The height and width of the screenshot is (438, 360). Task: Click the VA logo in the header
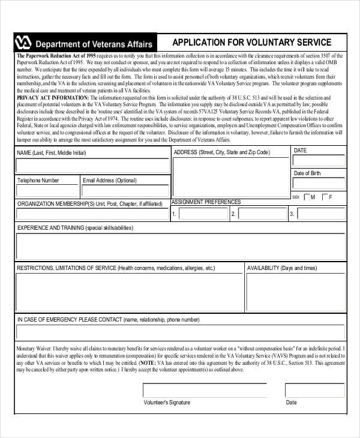click(22, 43)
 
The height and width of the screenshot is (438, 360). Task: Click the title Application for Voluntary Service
click(251, 43)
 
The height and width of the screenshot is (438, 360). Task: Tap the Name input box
click(92, 166)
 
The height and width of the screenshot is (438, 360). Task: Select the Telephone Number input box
click(47, 191)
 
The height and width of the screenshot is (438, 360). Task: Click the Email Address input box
click(124, 191)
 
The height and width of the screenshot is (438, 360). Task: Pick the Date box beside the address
click(319, 161)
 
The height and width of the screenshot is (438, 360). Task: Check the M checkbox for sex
click(308, 197)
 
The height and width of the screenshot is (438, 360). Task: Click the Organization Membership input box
click(92, 214)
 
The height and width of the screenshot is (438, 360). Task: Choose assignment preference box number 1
click(203, 214)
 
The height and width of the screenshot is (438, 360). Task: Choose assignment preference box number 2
click(262, 214)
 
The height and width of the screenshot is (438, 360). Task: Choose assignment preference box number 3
click(321, 214)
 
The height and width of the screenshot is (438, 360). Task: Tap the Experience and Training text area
click(180, 247)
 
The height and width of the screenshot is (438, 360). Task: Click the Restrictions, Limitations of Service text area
click(129, 292)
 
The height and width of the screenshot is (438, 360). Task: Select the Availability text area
click(295, 292)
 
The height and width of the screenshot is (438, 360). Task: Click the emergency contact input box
click(180, 332)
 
